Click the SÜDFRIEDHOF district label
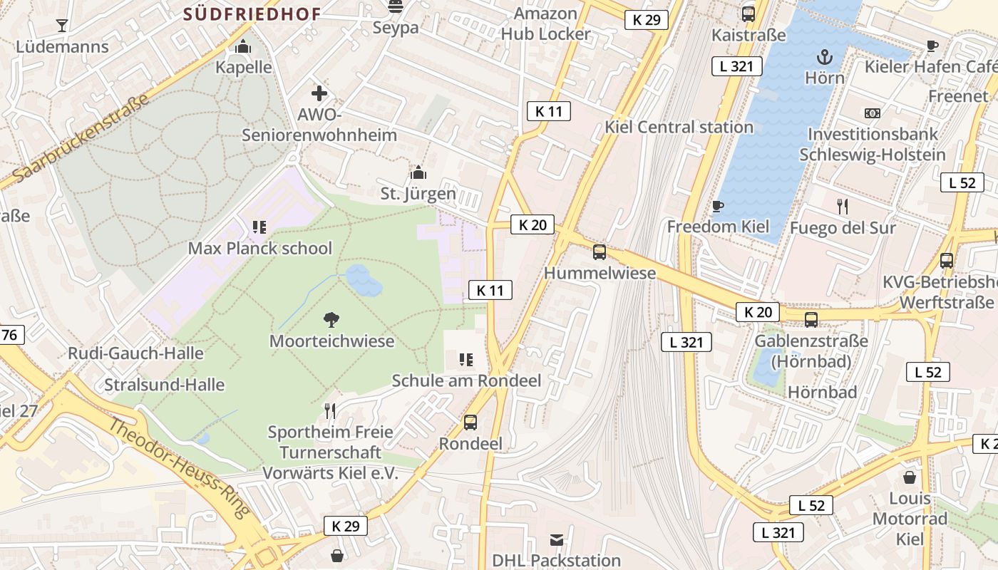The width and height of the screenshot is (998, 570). click(x=252, y=14)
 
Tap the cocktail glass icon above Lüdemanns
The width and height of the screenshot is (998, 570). click(x=62, y=26)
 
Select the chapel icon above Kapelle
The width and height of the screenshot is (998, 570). click(x=243, y=47)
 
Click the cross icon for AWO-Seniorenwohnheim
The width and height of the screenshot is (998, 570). click(x=319, y=93)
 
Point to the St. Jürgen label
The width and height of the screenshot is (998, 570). click(x=418, y=193)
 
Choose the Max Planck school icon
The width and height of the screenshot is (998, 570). click(x=259, y=227)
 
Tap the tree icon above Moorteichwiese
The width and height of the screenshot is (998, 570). click(x=331, y=320)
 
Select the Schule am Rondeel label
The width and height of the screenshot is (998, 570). click(x=466, y=380)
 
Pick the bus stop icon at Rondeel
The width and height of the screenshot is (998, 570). click(x=470, y=423)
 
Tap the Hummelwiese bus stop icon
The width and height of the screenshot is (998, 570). click(x=600, y=252)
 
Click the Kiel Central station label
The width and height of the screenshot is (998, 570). click(x=679, y=128)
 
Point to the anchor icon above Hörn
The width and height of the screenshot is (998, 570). click(x=824, y=56)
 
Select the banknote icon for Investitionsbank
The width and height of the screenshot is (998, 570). click(x=872, y=113)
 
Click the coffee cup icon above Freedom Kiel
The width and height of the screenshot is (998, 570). click(x=718, y=206)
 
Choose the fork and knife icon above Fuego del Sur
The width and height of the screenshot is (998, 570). click(x=843, y=207)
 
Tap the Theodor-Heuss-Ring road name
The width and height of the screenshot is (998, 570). click(x=179, y=467)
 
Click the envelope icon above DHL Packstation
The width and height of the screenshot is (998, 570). click(x=557, y=540)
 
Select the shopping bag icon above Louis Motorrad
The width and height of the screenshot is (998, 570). click(x=910, y=477)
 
